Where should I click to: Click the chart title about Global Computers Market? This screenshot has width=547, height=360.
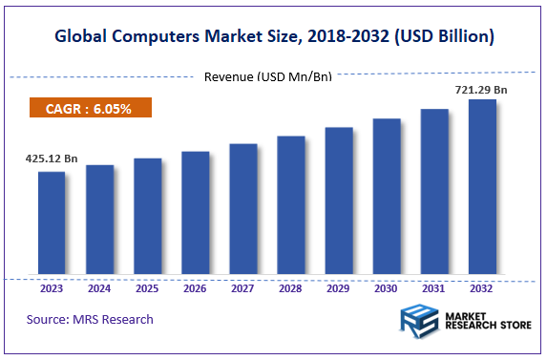273,37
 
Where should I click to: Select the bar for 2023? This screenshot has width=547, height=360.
52,224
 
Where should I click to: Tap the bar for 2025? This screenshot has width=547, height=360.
147,218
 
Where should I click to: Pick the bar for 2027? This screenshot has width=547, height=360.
243,210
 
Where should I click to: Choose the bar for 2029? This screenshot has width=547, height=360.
339,201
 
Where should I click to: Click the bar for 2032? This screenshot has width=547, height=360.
482,188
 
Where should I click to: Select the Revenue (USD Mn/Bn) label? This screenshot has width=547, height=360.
268,76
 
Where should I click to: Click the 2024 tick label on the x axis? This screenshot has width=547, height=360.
99,287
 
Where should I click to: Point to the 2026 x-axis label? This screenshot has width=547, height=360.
195,287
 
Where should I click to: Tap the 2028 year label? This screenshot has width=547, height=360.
290,287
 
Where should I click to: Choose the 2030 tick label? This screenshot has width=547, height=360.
386,287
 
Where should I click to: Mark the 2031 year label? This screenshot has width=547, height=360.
433,287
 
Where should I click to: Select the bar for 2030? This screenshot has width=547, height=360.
387,198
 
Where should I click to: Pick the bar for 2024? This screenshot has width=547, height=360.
99,221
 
